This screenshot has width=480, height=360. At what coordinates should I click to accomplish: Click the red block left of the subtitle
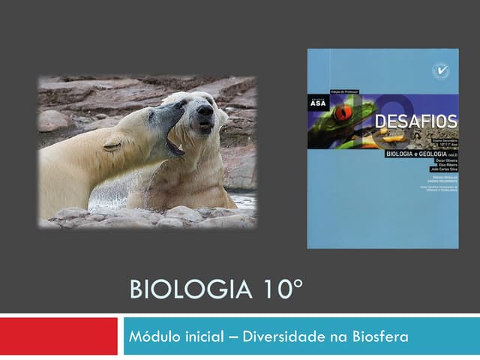[58, 336]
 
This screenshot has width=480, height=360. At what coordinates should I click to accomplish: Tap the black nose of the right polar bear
[204, 110]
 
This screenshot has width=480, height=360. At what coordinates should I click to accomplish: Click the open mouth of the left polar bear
[175, 142]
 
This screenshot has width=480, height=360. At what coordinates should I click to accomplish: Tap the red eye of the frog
[344, 113]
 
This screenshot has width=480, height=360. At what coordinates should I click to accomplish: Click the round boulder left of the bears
[54, 120]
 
